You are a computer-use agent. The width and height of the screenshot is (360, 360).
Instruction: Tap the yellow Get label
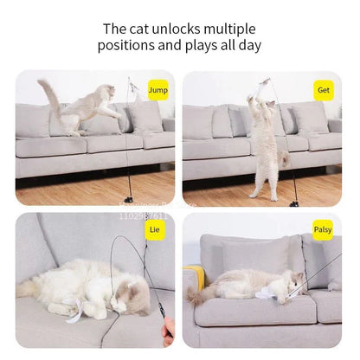(324, 88)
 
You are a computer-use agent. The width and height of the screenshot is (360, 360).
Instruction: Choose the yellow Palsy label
(323, 229)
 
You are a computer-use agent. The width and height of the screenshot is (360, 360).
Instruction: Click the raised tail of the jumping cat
(48, 94)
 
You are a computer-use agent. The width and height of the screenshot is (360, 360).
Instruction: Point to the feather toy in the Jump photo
(132, 87)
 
